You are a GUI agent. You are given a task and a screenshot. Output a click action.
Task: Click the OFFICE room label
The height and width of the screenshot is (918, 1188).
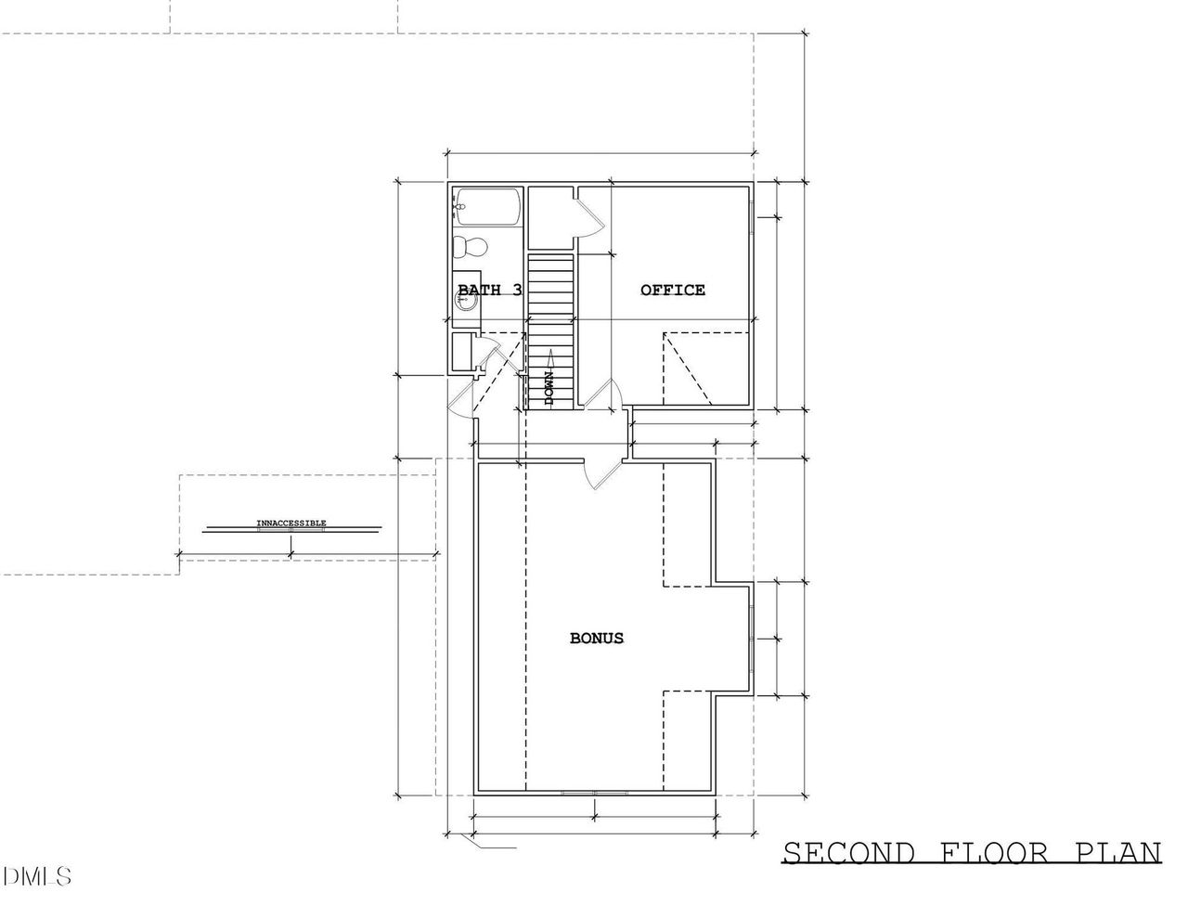[673, 290]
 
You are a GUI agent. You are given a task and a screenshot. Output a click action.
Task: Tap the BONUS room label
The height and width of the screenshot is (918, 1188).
[597, 638]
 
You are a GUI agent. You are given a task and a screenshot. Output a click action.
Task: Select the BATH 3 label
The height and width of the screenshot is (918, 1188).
[490, 290]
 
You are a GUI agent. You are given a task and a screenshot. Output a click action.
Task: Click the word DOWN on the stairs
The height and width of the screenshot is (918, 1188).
[549, 388]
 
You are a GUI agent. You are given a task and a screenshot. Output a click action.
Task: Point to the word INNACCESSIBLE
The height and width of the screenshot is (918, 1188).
[291, 524]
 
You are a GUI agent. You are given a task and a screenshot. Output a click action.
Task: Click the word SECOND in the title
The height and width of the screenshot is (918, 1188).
[849, 853]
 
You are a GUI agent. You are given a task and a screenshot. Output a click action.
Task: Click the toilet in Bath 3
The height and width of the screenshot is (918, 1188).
[470, 248]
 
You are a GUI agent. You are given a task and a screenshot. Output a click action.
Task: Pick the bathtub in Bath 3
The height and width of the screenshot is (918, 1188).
[487, 207]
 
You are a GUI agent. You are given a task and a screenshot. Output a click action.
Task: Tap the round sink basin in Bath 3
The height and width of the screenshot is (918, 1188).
[465, 300]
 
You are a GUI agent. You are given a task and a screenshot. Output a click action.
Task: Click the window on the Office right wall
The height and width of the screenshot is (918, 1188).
[752, 217]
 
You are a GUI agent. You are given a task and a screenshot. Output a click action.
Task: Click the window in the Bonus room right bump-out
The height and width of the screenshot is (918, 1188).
[752, 639]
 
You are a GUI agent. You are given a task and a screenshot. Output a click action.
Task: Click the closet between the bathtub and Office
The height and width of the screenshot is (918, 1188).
[550, 218]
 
